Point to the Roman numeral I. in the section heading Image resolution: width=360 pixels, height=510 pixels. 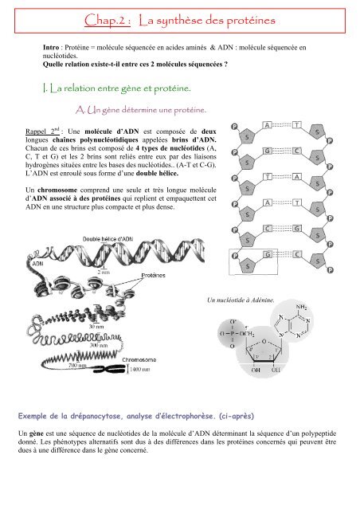(51, 86)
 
